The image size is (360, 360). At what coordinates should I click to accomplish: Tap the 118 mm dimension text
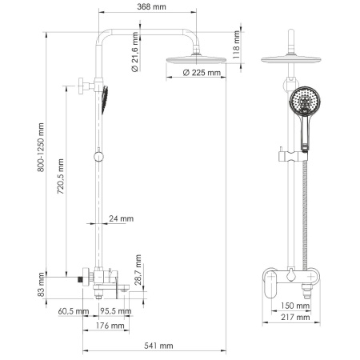238,42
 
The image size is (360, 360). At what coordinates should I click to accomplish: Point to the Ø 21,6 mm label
137,57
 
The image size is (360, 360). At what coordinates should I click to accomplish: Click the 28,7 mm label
138,272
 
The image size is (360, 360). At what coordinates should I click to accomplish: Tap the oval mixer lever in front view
270,282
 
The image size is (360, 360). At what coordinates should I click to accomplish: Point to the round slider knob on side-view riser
98,157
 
